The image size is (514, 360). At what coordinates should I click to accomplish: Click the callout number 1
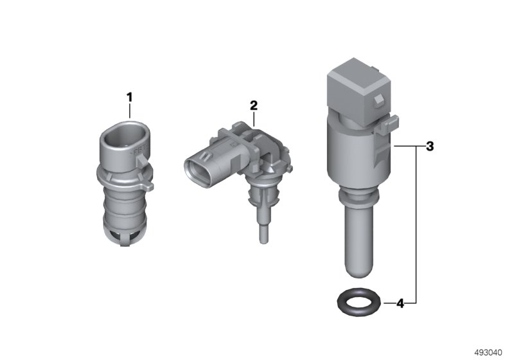(130, 98)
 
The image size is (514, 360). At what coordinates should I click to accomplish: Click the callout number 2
(253, 105)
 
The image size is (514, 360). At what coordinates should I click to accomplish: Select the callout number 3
(429, 146)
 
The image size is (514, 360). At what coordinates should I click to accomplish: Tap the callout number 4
(400, 303)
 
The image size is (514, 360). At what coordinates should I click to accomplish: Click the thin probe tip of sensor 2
(263, 236)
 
